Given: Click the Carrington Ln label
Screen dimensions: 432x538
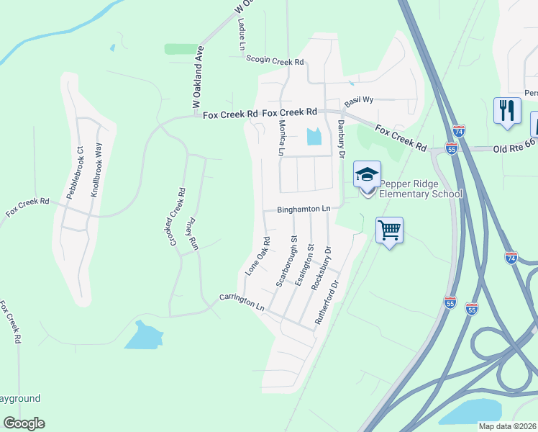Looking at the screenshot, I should [242, 302].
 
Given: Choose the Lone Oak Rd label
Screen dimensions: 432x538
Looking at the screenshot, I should [257, 256].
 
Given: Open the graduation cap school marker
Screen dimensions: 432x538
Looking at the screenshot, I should [367, 174].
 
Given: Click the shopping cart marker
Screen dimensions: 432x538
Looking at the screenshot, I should [389, 230].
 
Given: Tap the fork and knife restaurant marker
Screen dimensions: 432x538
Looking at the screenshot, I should [507, 110].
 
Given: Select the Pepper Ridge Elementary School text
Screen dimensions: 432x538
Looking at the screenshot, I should [410, 189].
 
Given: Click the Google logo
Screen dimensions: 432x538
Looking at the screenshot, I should [24, 423].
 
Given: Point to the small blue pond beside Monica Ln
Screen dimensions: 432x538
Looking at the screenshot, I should [314, 136].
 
